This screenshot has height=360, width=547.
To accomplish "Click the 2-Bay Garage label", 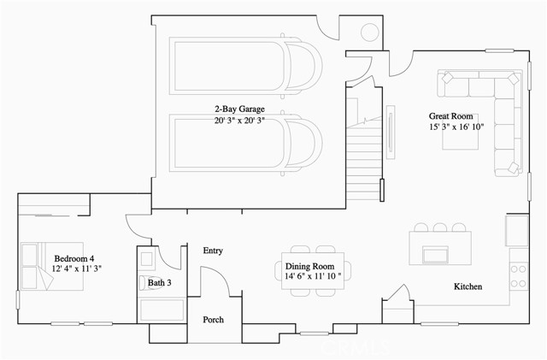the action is (x=239, y=109).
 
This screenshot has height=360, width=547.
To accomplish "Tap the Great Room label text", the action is (x=450, y=116).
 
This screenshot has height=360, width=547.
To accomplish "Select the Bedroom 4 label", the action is (x=74, y=259).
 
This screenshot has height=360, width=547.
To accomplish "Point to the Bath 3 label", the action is (x=160, y=282).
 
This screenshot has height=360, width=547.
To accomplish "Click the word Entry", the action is (x=213, y=251).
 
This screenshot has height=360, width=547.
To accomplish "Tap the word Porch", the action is (x=213, y=320).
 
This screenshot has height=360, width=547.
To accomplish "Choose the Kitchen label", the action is (x=468, y=286).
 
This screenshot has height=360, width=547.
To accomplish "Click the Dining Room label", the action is (x=309, y=267).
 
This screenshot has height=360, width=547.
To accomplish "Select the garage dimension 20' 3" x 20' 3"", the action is (x=239, y=121).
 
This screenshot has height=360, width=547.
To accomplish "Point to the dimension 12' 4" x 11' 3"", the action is (x=77, y=269).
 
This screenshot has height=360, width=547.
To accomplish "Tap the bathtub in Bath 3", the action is (x=162, y=310).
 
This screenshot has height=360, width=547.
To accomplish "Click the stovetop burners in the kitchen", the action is (x=519, y=276).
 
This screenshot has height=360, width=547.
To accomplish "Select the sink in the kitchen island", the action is (x=435, y=255).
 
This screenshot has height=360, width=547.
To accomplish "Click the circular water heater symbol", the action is (x=370, y=32).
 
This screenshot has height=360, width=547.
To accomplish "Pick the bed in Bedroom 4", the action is (x=51, y=267).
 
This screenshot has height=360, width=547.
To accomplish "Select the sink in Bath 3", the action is (x=146, y=259).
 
